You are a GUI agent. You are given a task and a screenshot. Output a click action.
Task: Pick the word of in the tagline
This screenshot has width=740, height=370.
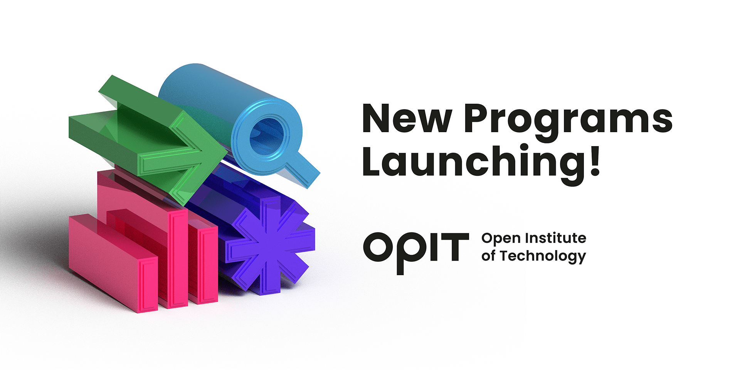pyautogui.click(x=488, y=256)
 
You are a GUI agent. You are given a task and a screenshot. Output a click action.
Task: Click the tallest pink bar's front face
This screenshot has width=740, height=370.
pyautogui.click(x=178, y=259)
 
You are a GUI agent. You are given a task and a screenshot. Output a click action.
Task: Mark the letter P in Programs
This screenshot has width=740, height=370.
pyautogui.click(x=478, y=118)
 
